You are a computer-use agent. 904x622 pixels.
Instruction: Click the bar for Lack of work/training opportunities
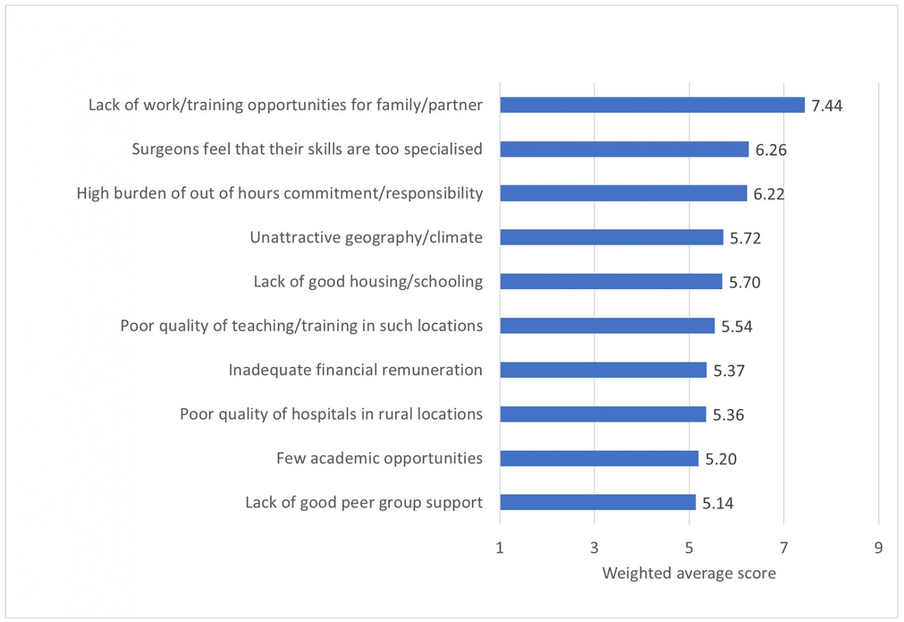coord(652,105)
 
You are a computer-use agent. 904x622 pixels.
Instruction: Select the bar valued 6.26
coord(624,149)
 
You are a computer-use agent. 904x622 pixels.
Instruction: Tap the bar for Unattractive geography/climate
coord(611,237)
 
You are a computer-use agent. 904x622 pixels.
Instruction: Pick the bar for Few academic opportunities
coord(599,458)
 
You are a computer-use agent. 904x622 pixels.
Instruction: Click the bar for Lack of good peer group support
coord(597,502)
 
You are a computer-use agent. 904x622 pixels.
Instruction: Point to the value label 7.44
coord(827,106)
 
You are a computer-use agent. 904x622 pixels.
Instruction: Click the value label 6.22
coord(769,194)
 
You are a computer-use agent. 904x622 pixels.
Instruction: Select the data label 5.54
coord(737,327)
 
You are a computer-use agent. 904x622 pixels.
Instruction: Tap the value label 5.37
coord(729,371)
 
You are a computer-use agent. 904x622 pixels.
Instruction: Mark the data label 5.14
coord(718,503)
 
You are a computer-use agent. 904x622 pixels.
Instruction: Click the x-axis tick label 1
coord(499,547)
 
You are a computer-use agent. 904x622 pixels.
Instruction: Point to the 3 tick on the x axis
coord(594,547)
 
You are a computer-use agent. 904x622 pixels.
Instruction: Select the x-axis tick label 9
coord(878,547)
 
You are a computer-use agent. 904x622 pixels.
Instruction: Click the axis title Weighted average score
coord(689,573)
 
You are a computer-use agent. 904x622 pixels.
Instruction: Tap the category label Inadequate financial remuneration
coord(355,370)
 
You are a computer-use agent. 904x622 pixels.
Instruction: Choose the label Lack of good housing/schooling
coord(368,281)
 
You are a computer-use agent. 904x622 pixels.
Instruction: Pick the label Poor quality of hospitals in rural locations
coord(331,414)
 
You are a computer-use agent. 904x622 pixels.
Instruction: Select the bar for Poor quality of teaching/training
coord(607,326)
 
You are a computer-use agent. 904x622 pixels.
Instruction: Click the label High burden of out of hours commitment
coord(280,193)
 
